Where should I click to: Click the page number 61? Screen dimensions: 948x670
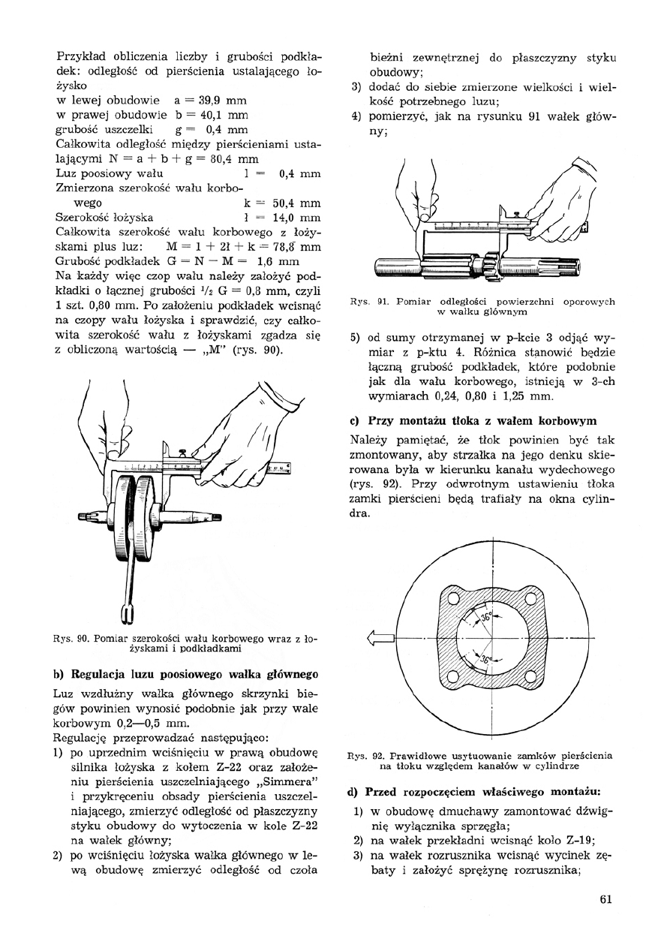[x=607, y=901]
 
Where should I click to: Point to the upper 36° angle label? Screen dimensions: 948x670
[x=488, y=618]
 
